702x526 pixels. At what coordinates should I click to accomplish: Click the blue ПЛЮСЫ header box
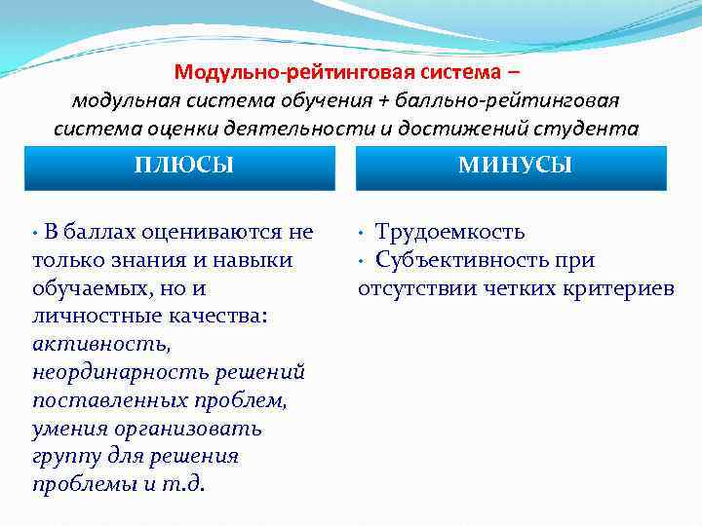pos(184,167)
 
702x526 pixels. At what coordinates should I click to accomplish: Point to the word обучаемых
pos(89,288)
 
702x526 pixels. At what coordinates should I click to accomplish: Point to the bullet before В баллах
pos(36,234)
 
